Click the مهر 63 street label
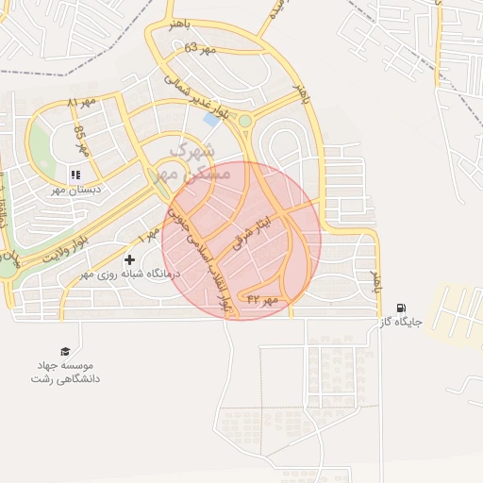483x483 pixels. point(200,47)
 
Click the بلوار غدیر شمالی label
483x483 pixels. point(196,99)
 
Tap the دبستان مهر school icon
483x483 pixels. point(75,175)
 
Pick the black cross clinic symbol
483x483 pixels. point(129,259)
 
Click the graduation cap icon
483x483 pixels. point(65,352)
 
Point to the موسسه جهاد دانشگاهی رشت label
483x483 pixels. point(66,372)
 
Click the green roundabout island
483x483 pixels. point(245,120)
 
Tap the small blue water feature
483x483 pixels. point(210,121)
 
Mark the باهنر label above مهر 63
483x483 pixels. point(179,22)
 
